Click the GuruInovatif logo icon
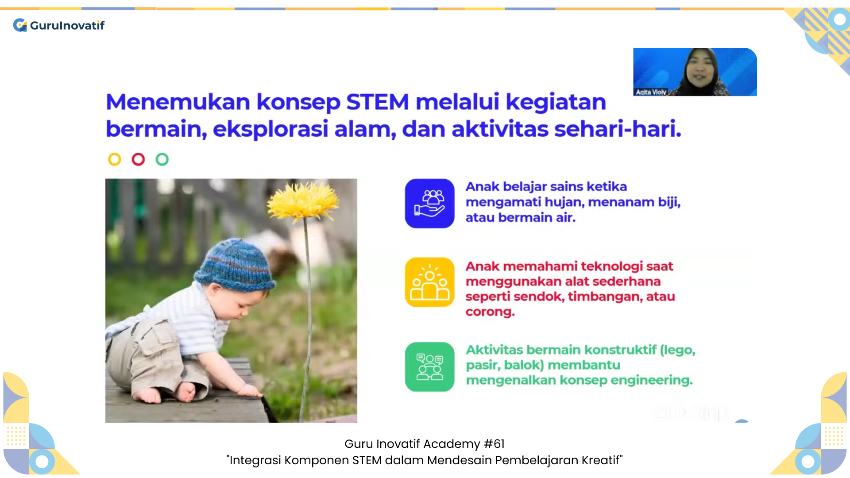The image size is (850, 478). tap(20, 25)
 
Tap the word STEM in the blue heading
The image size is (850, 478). tap(377, 102)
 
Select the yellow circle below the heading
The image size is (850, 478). tap(115, 159)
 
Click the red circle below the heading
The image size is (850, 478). tap(138, 159)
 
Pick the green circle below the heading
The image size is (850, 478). tap(162, 159)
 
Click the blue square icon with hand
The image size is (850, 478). tap(429, 204)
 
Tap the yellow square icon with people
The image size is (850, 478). tap(429, 282)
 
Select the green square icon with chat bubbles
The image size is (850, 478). tap(429, 367)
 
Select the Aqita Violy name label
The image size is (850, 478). tap(651, 92)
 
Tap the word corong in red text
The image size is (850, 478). tap(490, 312)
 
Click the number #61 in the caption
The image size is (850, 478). tap(494, 444)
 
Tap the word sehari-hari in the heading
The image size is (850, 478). tap(618, 129)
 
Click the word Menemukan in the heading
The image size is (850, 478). tap(178, 102)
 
